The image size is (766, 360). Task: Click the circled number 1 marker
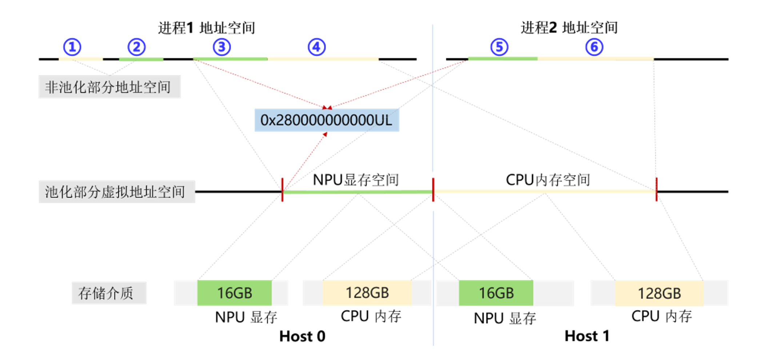pos(72,47)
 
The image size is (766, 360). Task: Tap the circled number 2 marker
pos(136,47)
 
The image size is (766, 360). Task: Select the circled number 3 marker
pos(222,47)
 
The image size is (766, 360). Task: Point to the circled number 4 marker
pos(316,47)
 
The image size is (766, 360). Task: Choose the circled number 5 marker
pos(499,47)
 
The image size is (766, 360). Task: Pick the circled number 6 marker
pos(594,47)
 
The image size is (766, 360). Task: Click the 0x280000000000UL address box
pos(327,120)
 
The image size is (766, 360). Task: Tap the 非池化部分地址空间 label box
pos(109,87)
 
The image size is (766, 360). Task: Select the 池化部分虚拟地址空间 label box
pos(117,192)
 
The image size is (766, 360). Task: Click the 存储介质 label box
pos(109,293)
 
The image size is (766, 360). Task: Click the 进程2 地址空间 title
pos(569,28)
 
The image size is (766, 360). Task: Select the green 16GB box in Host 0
pos(234,293)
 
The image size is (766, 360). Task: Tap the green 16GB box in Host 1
pos(496,293)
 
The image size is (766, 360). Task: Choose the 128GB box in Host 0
pos(367,293)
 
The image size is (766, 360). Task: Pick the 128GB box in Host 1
pos(659,293)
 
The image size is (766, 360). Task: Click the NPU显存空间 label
pos(356,180)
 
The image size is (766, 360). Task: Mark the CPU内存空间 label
pos(548,180)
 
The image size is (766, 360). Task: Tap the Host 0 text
pos(302,336)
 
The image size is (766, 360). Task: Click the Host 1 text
pos(587,336)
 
